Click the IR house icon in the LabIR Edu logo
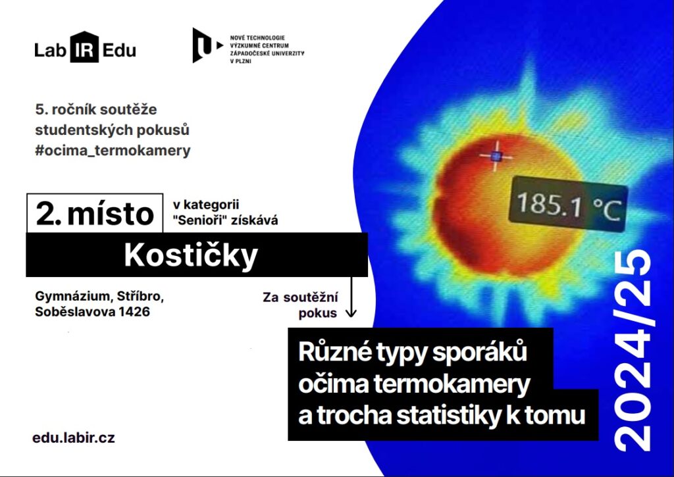(84, 47)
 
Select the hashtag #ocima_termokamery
(113, 151)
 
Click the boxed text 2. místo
(95, 214)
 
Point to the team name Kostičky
(191, 255)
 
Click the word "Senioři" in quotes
(200, 220)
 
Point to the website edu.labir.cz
(74, 438)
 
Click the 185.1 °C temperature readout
(568, 205)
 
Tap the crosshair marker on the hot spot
(496, 156)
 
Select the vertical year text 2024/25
(633, 351)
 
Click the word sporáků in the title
(479, 352)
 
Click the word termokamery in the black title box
(452, 384)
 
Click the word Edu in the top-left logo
(120, 50)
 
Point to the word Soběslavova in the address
(74, 312)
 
